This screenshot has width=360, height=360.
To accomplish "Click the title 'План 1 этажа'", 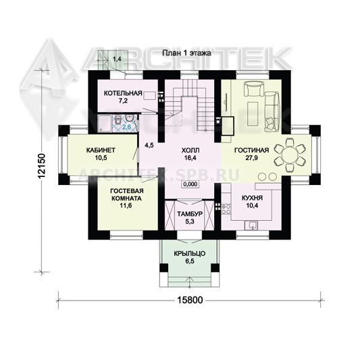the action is (x=186, y=53).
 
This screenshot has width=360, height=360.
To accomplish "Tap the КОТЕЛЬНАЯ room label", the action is (x=123, y=93).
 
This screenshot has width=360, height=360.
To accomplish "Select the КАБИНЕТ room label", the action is (x=101, y=150).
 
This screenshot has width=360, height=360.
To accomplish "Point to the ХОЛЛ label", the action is (x=190, y=151).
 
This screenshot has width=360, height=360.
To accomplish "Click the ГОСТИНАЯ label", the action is (x=251, y=151).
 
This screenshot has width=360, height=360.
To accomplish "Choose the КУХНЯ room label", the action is (x=253, y=198).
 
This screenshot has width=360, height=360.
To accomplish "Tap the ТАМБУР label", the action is (x=190, y=214).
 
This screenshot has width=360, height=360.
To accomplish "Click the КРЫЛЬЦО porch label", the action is (x=190, y=254).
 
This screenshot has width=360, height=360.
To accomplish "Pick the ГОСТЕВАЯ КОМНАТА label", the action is (x=127, y=195).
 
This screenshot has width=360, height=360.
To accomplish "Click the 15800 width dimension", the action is (x=190, y=300).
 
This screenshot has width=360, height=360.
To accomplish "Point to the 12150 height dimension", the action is (x=42, y=165).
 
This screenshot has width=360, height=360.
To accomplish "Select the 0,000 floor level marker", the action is (x=190, y=184).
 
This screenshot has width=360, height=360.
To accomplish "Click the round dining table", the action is (x=290, y=155).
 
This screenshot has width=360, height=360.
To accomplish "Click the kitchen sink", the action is (x=252, y=226).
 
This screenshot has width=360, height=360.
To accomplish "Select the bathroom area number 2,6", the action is (x=127, y=127).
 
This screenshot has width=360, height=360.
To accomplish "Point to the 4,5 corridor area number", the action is (x=149, y=145).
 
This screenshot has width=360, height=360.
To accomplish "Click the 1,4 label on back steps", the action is (x=117, y=59).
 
